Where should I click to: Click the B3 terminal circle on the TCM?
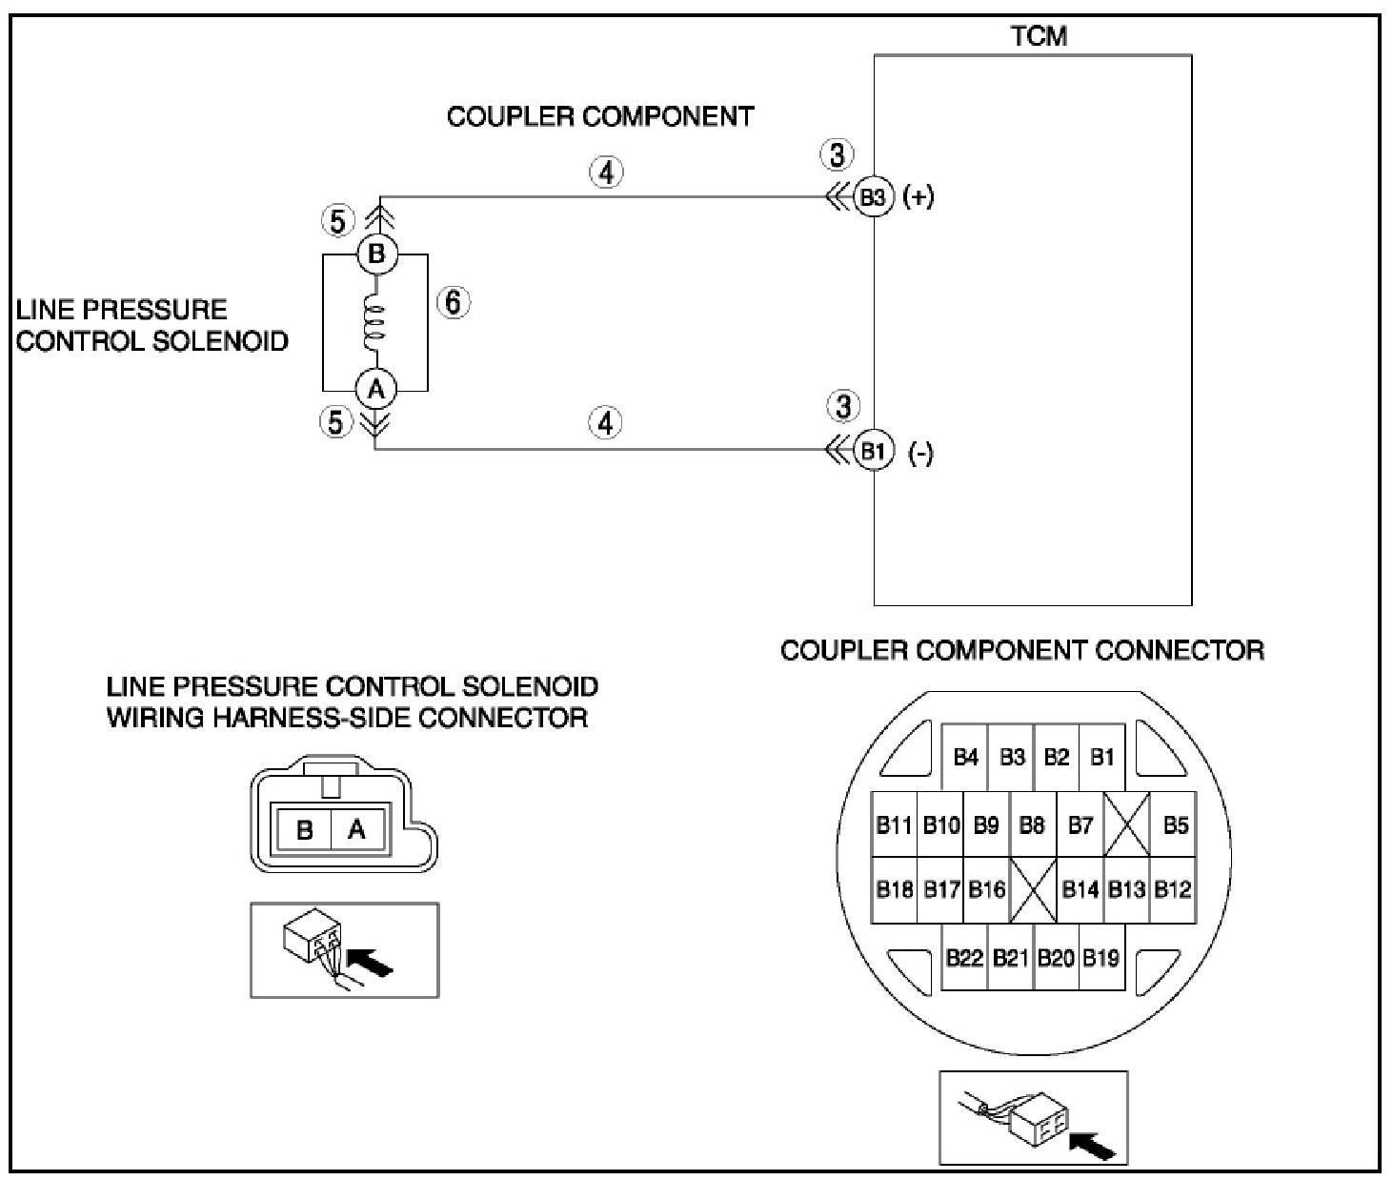tap(872, 197)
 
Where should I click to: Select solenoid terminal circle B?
tap(376, 254)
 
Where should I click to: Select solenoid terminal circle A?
tap(376, 389)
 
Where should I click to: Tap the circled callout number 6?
tap(453, 303)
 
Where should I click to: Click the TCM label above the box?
tap(1039, 36)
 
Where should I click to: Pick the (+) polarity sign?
tap(919, 198)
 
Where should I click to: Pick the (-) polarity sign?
tap(920, 454)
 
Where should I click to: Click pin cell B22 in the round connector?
tap(964, 958)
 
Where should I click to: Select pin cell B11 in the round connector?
tap(894, 824)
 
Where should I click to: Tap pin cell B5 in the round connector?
tap(1175, 824)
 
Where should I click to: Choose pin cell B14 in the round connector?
tap(1080, 889)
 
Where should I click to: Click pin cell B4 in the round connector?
tap(965, 757)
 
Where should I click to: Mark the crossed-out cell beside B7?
tap(1127, 824)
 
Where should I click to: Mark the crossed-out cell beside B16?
tap(1034, 889)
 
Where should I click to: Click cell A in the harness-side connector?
tap(357, 829)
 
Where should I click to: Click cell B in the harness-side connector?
tap(305, 829)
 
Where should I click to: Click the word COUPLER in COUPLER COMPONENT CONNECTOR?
tap(839, 651)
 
